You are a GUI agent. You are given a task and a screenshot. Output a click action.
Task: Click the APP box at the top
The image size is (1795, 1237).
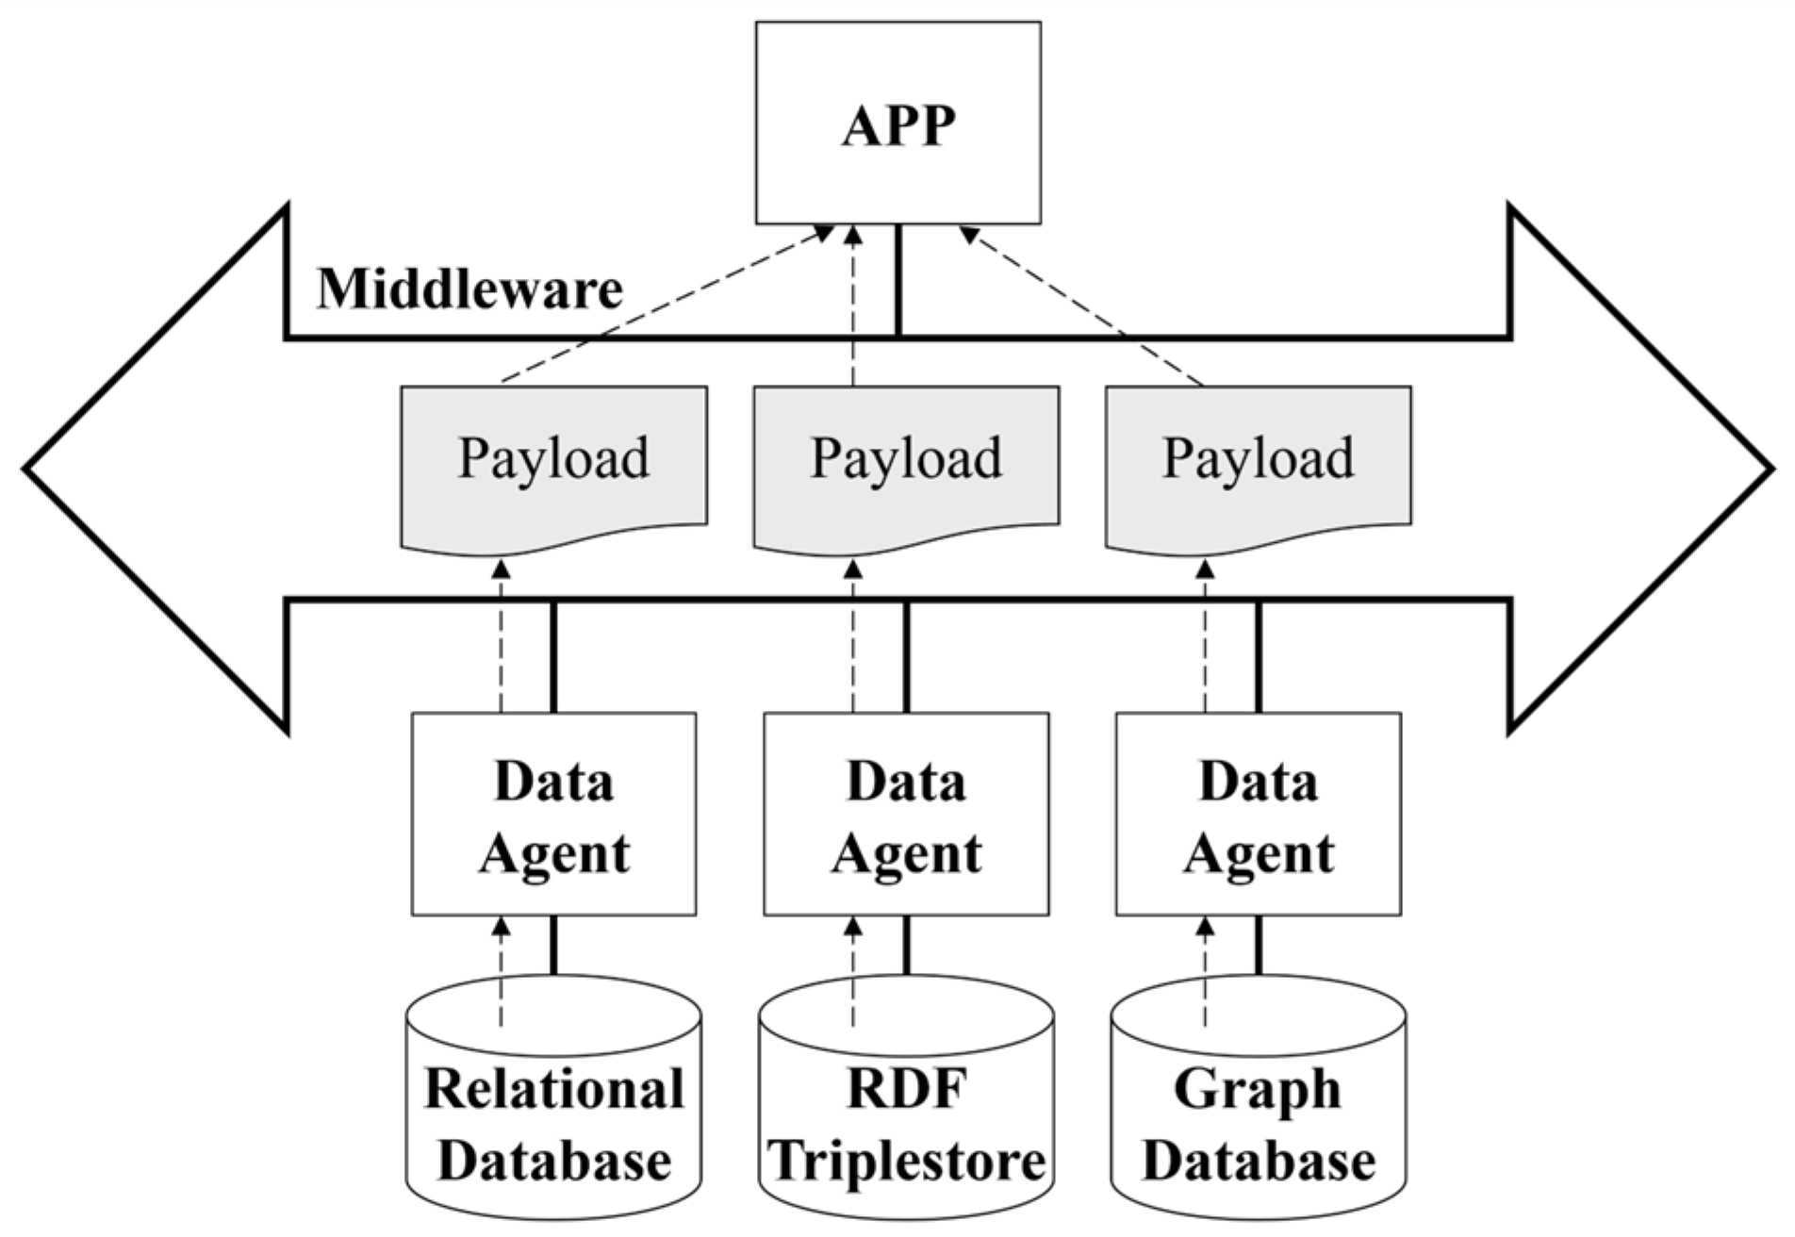pyautogui.click(x=897, y=123)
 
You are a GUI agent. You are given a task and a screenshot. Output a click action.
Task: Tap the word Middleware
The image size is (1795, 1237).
pyautogui.click(x=469, y=289)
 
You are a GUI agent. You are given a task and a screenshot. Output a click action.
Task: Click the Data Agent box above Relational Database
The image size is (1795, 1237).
pyautogui.click(x=553, y=814)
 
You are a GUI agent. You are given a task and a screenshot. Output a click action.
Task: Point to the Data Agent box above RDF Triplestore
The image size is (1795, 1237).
pyautogui.click(x=906, y=814)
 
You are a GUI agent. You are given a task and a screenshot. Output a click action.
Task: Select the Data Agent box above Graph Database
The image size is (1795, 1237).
pyautogui.click(x=1258, y=814)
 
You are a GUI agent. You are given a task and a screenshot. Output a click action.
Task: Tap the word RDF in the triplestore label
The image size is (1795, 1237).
pyautogui.click(x=906, y=1089)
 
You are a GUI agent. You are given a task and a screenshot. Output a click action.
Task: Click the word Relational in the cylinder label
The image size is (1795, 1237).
pyautogui.click(x=553, y=1089)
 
